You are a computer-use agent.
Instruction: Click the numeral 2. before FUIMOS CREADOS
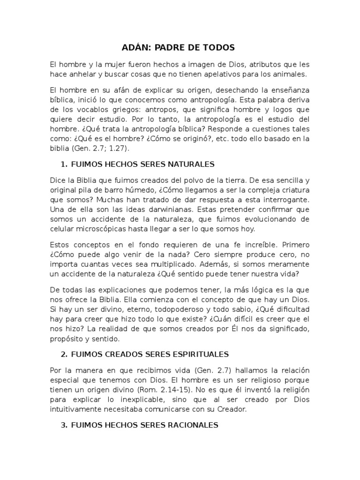click(64, 354)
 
